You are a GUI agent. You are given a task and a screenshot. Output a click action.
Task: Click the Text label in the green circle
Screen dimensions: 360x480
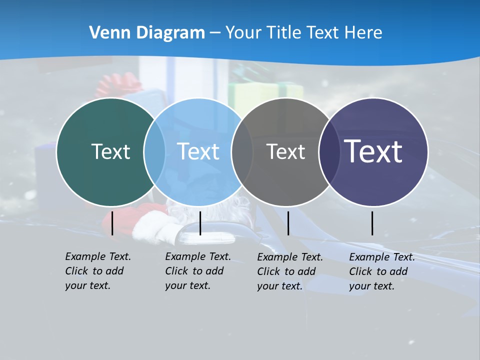110,151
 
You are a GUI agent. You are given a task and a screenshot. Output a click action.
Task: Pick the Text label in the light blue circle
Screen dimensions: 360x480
198,151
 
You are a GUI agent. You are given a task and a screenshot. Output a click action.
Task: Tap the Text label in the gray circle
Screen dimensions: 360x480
285,151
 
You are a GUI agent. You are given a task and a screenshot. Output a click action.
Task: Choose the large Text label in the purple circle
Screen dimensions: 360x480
373,151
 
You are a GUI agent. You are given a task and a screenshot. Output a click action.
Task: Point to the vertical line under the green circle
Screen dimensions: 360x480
112,223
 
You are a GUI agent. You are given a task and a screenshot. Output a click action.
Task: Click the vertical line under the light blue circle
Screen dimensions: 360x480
200,223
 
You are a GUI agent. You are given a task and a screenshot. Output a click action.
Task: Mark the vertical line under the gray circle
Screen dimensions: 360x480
288,223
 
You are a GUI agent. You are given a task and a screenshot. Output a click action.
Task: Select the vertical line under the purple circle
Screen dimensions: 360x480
372,223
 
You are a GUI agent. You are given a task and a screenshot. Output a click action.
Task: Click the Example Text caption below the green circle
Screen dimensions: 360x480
97,271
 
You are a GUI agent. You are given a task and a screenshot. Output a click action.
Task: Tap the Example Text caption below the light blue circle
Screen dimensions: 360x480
197,271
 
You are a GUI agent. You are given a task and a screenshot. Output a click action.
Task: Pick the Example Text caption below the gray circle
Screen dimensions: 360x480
289,271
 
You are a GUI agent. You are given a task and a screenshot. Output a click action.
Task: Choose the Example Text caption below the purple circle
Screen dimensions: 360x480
381,271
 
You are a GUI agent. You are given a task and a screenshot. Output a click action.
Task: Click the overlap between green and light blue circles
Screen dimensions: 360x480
154,151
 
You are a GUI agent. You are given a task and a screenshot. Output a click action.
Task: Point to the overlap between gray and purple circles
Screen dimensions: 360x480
329,151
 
